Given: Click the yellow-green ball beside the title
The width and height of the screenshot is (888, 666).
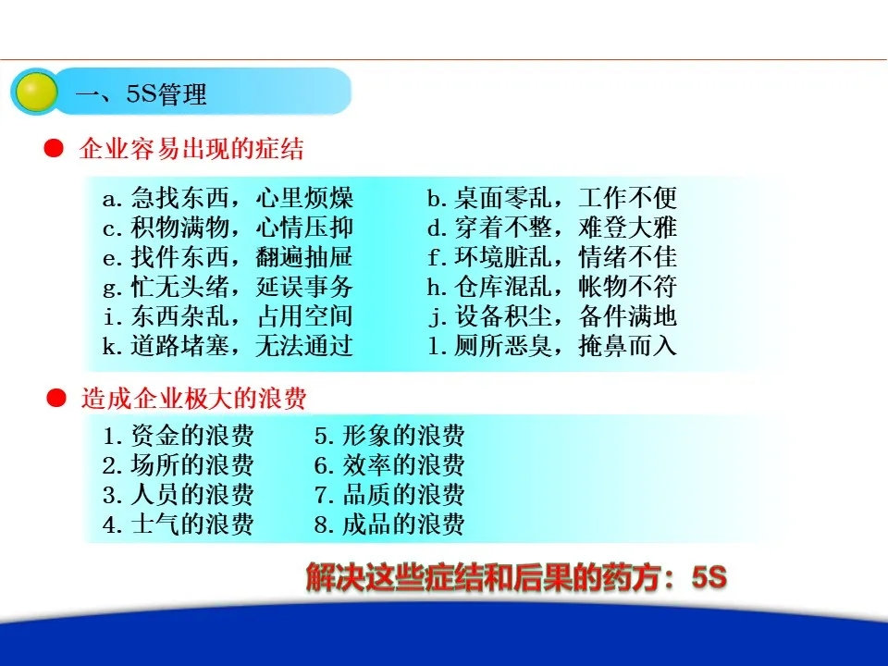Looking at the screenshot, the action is pyautogui.click(x=36, y=92).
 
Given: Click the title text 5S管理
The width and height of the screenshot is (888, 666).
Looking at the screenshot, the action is pyautogui.click(x=166, y=93).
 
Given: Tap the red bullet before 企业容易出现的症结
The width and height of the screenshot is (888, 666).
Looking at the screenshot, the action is pyautogui.click(x=54, y=148).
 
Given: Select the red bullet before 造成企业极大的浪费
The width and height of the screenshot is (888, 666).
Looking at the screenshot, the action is pyautogui.click(x=56, y=398).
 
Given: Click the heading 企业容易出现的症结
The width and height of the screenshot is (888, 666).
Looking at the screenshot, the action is pyautogui.click(x=191, y=149).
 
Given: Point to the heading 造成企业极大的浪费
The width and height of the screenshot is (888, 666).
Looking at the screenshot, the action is pyautogui.click(x=193, y=398).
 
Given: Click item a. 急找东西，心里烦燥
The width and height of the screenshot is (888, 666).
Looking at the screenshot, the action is pyautogui.click(x=228, y=198).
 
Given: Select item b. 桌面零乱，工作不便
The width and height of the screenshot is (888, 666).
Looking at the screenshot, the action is pyautogui.click(x=552, y=198).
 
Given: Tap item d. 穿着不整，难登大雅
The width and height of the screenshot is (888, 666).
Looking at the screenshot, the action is pyautogui.click(x=552, y=228).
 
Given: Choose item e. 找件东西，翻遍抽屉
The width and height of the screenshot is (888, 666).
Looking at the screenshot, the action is pyautogui.click(x=228, y=256).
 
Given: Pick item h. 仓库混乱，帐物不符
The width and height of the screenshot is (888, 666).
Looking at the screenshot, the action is pyautogui.click(x=552, y=286).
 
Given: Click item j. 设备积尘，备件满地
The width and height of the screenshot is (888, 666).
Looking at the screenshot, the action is pyautogui.click(x=552, y=315).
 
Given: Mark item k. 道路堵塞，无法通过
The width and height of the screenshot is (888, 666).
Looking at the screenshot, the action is pyautogui.click(x=228, y=345).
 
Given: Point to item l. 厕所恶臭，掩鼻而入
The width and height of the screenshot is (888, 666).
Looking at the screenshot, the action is pyautogui.click(x=552, y=345).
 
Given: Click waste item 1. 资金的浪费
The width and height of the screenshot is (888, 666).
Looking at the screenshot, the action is pyautogui.click(x=179, y=436).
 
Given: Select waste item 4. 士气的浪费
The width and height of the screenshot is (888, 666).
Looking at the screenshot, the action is pyautogui.click(x=179, y=524).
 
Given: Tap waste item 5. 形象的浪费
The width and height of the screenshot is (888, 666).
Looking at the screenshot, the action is pyautogui.click(x=389, y=436).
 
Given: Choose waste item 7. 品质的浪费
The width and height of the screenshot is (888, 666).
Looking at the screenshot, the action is pyautogui.click(x=389, y=494).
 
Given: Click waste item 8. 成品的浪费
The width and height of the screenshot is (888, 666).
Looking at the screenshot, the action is pyautogui.click(x=389, y=524).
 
